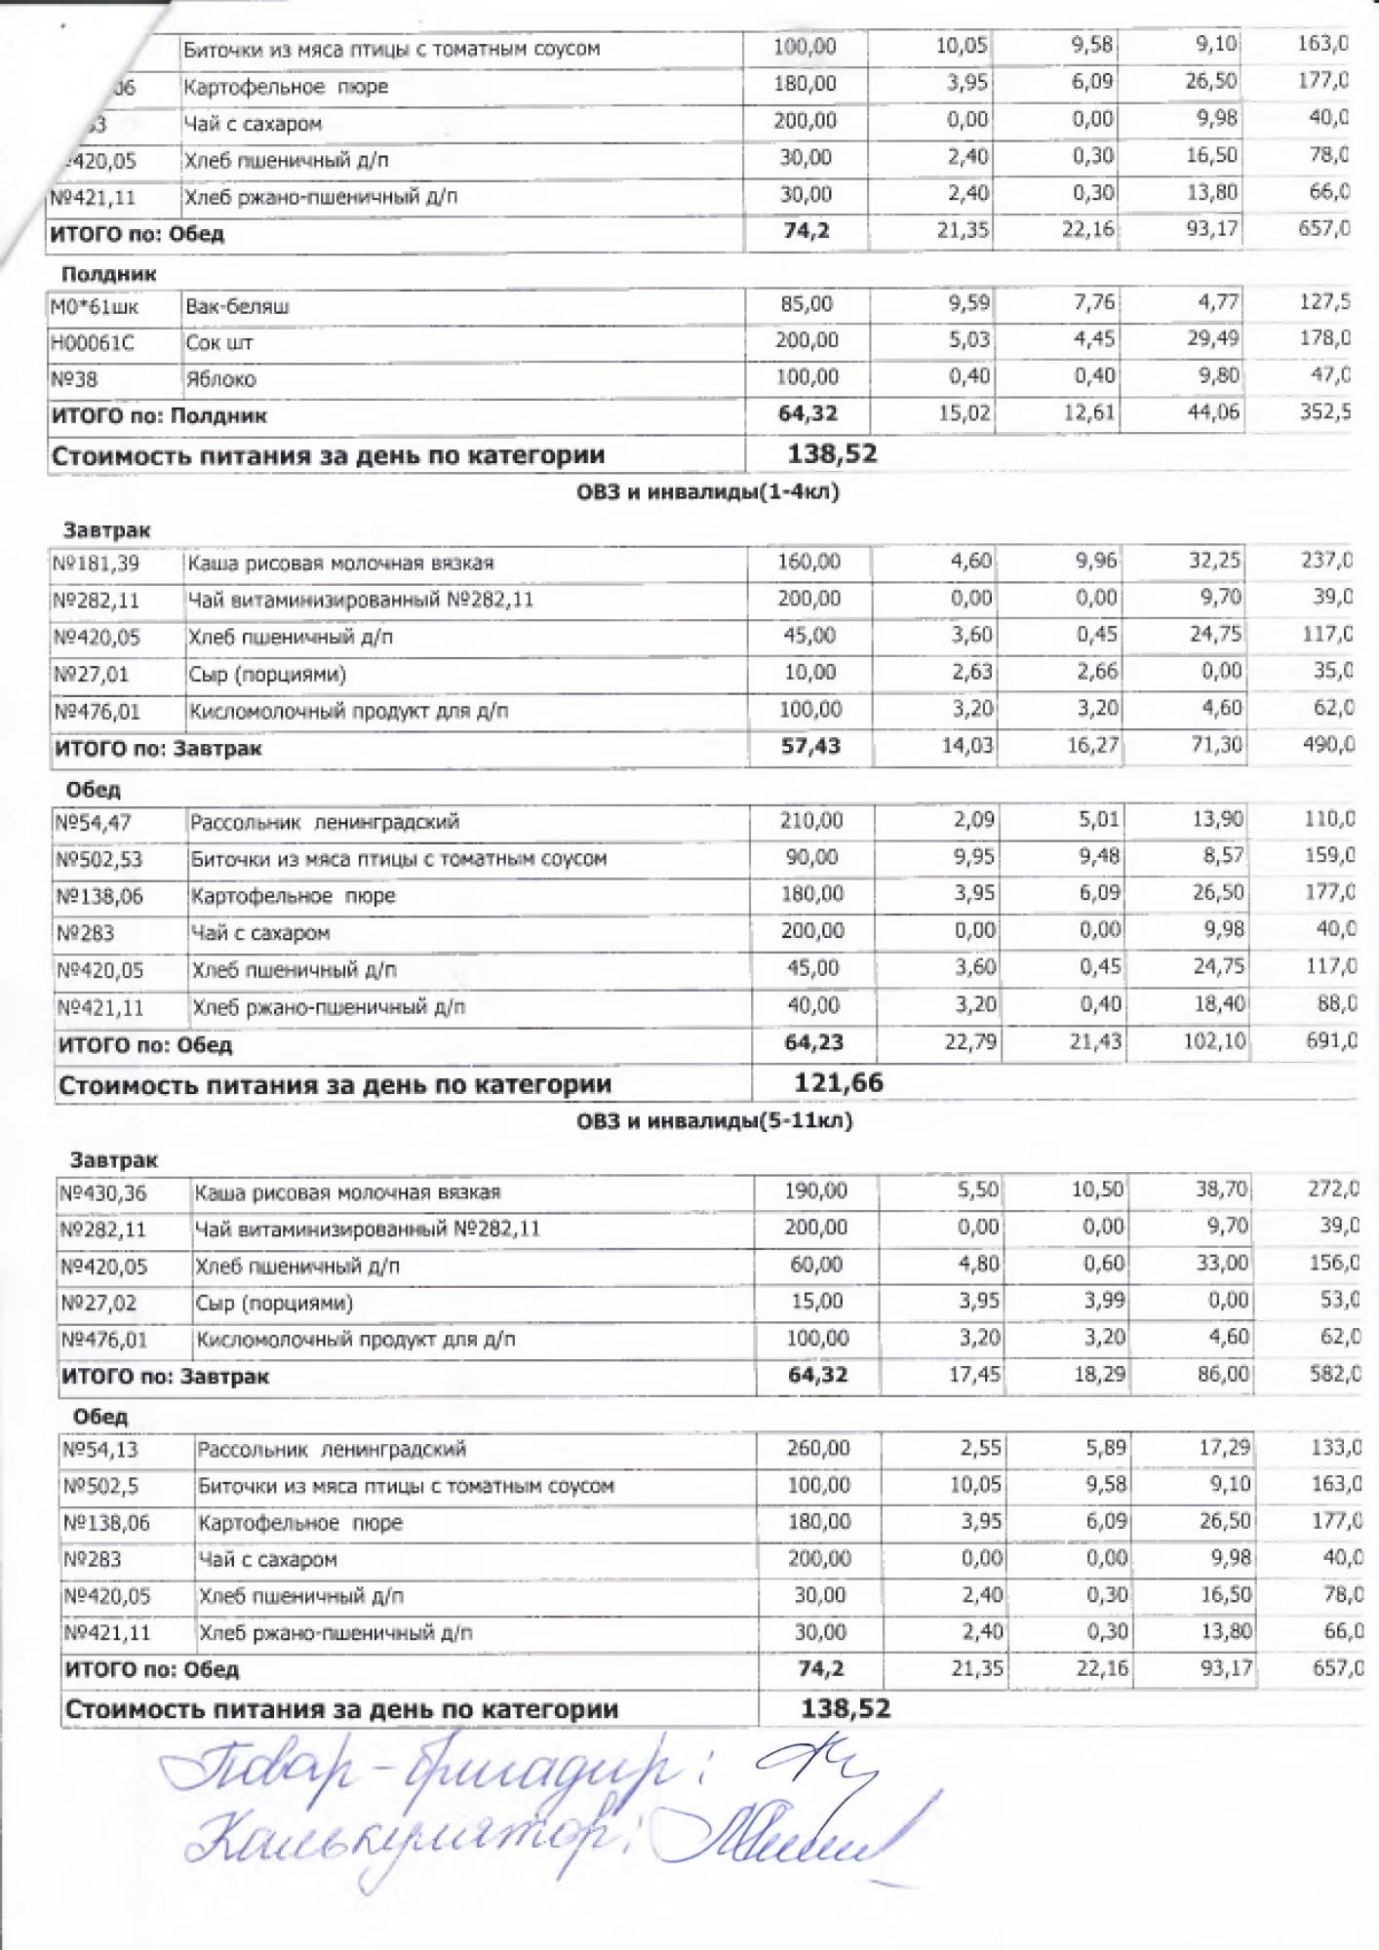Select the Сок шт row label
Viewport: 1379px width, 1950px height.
219,343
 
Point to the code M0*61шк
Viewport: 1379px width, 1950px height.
95,307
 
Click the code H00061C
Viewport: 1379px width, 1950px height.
92,343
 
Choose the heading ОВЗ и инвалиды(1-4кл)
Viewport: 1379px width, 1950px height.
707,491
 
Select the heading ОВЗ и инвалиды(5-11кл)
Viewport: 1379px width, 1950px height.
714,1120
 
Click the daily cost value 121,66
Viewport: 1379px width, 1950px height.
839,1082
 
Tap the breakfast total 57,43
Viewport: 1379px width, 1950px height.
810,747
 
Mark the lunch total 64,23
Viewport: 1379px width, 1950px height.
813,1042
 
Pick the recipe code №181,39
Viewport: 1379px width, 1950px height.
96,563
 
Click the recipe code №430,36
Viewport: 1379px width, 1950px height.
103,1192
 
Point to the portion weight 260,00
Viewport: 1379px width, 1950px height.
818,1448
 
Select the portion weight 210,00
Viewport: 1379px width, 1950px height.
811,820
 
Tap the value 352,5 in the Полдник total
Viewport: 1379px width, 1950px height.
1324,411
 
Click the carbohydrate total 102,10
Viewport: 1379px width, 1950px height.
1214,1041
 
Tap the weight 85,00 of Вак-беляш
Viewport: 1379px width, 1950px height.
807,304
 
